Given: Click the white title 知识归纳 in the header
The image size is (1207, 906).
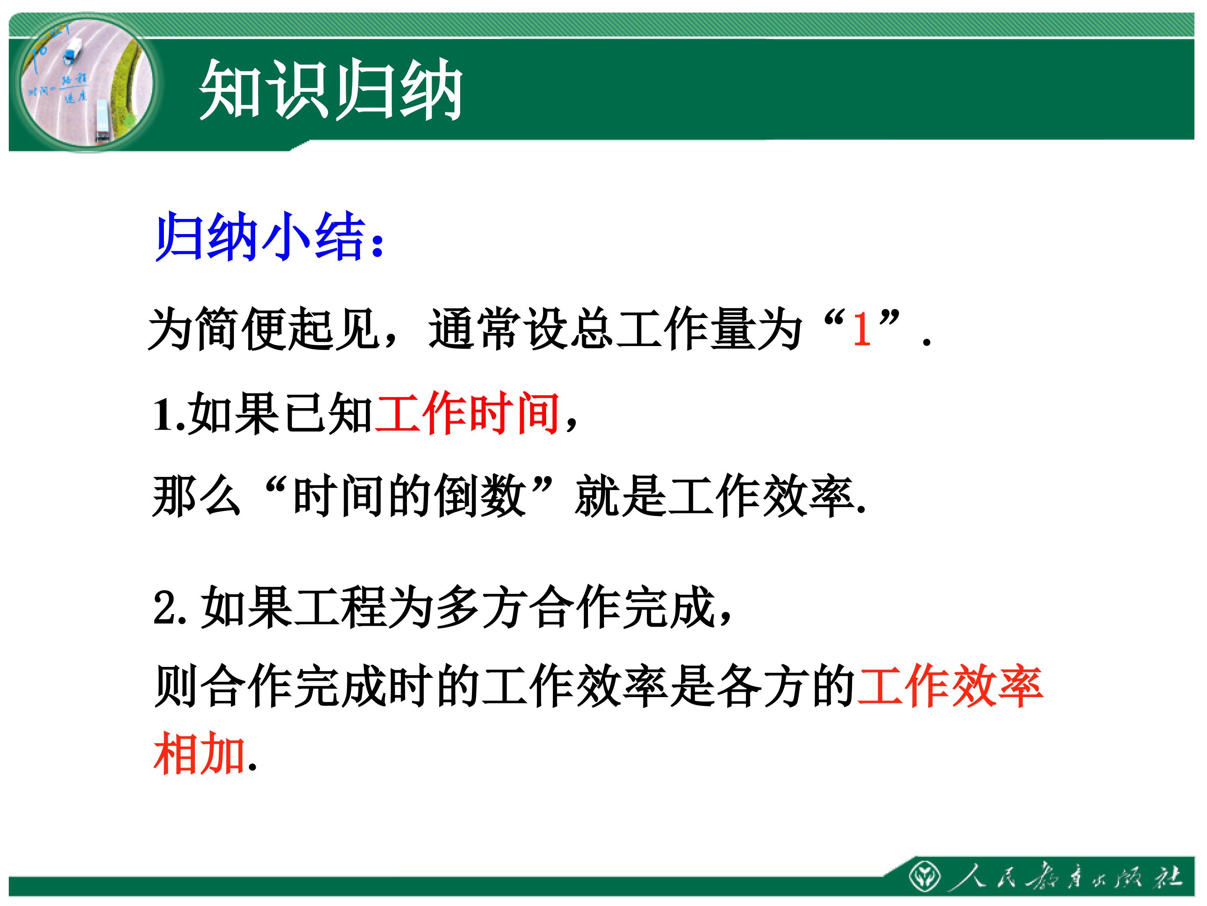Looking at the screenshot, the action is pos(331,90).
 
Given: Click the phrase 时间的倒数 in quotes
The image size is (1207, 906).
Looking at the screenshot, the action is pos(409,495).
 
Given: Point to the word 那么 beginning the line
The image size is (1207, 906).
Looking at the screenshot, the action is pos(197,495).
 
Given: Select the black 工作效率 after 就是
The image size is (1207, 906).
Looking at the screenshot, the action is pos(760,495).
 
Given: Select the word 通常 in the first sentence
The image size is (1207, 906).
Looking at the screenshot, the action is pos(474,329).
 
